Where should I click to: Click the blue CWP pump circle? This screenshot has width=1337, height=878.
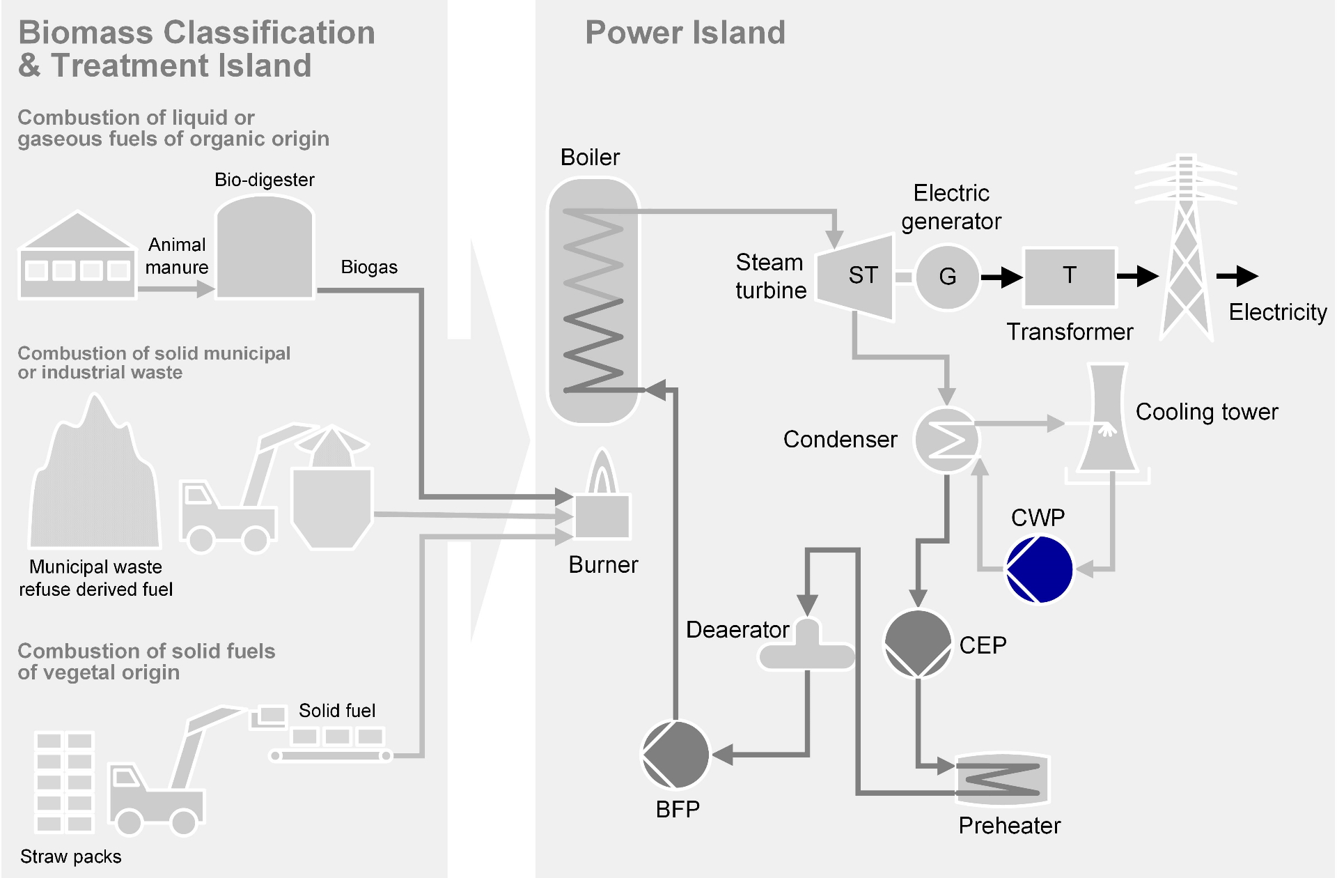pyautogui.click(x=1040, y=569)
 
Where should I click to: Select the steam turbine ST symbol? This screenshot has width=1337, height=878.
pyautogui.click(x=857, y=277)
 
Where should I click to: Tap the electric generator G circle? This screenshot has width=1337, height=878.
pyautogui.click(x=947, y=277)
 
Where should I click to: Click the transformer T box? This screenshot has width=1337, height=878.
pyautogui.click(x=1070, y=277)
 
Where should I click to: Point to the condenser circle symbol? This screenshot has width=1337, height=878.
pyautogui.click(x=946, y=440)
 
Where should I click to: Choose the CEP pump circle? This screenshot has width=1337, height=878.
pyautogui.click(x=917, y=644)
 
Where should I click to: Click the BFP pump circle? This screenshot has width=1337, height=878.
pyautogui.click(x=675, y=755)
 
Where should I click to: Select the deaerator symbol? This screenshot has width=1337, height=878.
pyautogui.click(x=807, y=648)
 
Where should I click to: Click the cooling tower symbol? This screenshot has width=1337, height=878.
pyautogui.click(x=1107, y=422)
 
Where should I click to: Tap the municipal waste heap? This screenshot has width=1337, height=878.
pyautogui.click(x=95, y=481)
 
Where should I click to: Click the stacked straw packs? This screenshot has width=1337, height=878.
pyautogui.click(x=64, y=782)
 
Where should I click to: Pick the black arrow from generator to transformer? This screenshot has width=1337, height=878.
pyautogui.click(x=1001, y=277)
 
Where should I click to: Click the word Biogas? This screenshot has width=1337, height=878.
pyautogui.click(x=369, y=267)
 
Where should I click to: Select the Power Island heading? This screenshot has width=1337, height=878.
pyautogui.click(x=685, y=33)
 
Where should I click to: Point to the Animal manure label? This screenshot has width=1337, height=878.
pyautogui.click(x=177, y=256)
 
